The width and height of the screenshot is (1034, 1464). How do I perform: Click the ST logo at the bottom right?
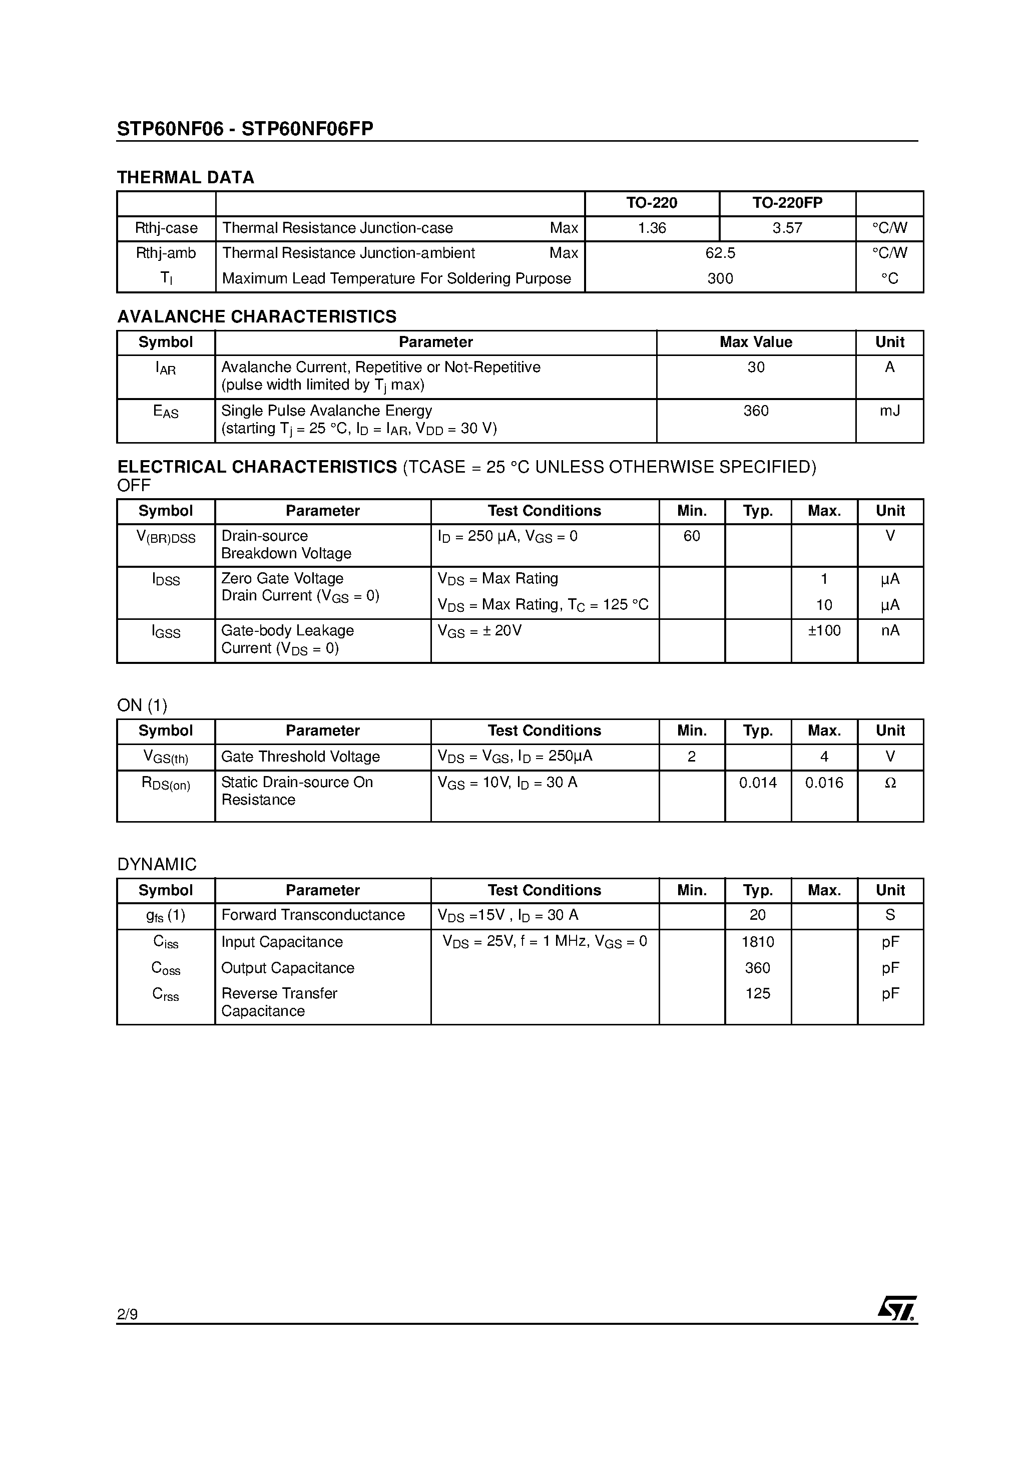pos(897,1308)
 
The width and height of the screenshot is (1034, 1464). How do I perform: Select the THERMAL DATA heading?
pos(186,177)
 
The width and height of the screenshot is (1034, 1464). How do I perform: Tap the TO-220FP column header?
pos(787,203)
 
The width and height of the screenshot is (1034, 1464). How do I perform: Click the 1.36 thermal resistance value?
pos(652,228)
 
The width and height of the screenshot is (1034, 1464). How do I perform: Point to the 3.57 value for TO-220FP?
pos(787,228)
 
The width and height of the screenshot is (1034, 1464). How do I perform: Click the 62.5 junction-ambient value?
pos(720,253)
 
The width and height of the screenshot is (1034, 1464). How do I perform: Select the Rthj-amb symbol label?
pos(166,253)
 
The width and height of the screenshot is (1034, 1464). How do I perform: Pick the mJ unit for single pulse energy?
pos(889,411)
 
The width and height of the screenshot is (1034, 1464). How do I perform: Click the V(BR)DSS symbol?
pos(166,537)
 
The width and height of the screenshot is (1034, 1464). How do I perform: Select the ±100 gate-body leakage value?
pos(824,631)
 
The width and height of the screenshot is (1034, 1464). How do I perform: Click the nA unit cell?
pos(889,631)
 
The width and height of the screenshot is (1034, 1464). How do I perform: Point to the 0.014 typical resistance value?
pos(757,783)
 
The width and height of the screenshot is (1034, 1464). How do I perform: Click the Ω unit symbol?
pos(890,783)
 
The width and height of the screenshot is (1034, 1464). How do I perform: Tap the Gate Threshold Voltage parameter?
pos(300,757)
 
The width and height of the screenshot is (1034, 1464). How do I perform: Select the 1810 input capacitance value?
pos(757,942)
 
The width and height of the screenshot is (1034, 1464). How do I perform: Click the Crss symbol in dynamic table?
pos(166,994)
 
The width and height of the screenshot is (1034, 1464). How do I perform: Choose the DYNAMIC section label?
pos(157,865)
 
